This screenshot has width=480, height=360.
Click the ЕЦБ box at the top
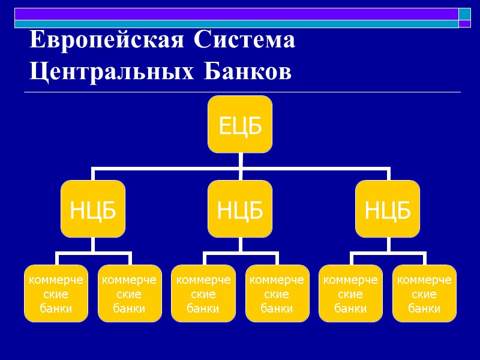tap(240, 124)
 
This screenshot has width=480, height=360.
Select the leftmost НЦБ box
tap(93, 209)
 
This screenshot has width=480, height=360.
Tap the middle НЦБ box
tap(240, 209)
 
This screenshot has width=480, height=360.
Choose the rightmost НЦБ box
tap(388, 209)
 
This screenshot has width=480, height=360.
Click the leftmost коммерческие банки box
tap(56, 293)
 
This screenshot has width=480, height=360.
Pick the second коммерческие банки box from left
tap(130, 293)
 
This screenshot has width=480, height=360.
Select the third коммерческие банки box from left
tap(203, 293)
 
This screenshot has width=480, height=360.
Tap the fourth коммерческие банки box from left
tap(277, 293)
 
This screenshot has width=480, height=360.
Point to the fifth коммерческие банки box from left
tap(351, 293)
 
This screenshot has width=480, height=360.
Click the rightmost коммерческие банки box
tap(425, 293)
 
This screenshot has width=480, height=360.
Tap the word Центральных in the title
tap(112, 71)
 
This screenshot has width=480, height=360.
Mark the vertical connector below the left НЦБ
tap(93, 244)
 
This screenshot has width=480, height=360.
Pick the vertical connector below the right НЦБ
tap(388, 244)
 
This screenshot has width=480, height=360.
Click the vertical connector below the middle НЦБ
tap(240, 244)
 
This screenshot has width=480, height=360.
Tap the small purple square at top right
tap(465, 24)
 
